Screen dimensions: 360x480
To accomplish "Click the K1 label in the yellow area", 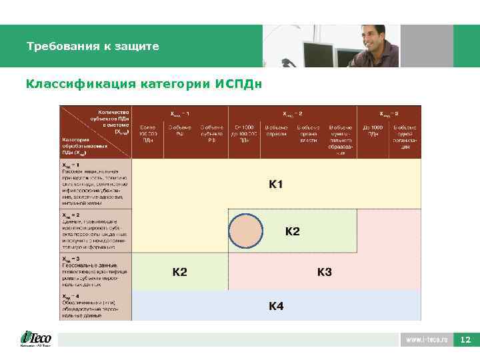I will [x=276, y=184].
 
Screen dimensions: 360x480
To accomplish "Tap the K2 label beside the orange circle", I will [x=293, y=231].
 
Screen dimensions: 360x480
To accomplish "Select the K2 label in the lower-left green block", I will [x=180, y=272].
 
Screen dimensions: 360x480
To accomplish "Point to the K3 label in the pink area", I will [x=325, y=272].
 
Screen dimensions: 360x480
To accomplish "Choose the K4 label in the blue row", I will [x=276, y=306].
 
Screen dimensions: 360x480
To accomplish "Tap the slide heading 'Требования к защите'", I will [x=93, y=47].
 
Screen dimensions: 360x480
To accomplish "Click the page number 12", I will [x=466, y=340].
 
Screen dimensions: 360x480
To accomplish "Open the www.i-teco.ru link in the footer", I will [x=426, y=340].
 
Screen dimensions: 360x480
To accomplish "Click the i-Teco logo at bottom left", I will [x=35, y=339].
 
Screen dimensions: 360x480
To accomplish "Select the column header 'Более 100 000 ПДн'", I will [x=149, y=133].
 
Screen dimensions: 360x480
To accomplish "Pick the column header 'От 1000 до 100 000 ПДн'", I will [x=244, y=133].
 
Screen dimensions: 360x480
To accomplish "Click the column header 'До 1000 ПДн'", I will [x=373, y=130].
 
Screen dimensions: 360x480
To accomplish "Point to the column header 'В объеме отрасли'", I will [x=276, y=130].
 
